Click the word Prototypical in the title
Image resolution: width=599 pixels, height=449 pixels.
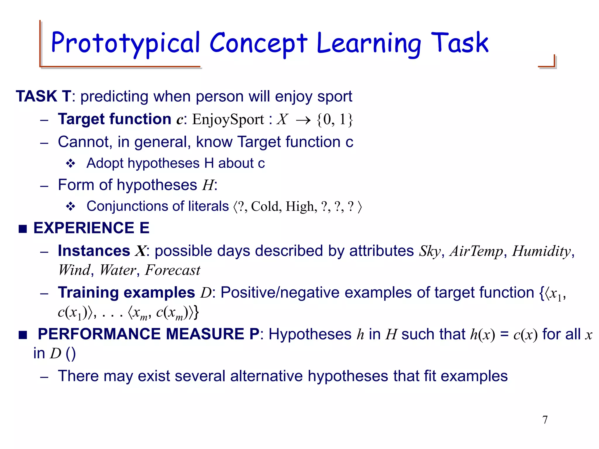pyautogui.click(x=125, y=43)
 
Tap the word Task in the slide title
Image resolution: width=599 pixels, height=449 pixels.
pyautogui.click(x=459, y=43)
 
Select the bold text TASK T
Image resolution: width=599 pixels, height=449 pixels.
pyautogui.click(x=43, y=96)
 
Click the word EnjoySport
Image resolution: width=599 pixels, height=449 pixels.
pyautogui.click(x=228, y=120)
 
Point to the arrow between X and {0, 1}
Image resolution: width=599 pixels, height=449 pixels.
pyautogui.click(x=303, y=120)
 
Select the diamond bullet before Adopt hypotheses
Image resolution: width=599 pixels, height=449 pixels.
pyautogui.click(x=70, y=163)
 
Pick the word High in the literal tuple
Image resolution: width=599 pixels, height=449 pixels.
pyautogui.click(x=301, y=207)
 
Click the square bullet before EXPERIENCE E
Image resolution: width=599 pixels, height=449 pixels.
pyautogui.click(x=23, y=229)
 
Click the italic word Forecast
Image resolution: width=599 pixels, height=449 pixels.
pyautogui.click(x=173, y=270)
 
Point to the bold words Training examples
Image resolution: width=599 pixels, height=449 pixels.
pyautogui.click(x=126, y=293)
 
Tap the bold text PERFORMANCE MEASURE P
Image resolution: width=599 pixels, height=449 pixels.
pyautogui.click(x=149, y=334)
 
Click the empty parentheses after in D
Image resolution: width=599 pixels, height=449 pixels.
pyautogui.click(x=71, y=353)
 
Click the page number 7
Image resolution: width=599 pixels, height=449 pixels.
pyautogui.click(x=545, y=420)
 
